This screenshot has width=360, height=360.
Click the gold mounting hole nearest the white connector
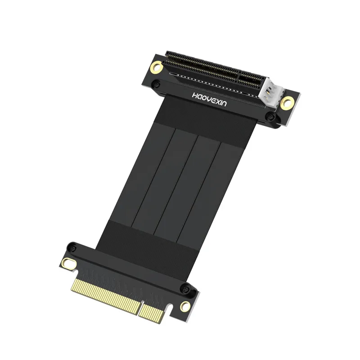[286, 103]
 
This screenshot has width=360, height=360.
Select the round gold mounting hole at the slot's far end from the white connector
[157, 67]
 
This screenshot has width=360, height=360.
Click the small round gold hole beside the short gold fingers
[185, 307]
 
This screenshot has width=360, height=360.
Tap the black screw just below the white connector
[270, 117]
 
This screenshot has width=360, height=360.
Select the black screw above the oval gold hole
[72, 247]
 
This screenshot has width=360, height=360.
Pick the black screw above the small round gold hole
[184, 288]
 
